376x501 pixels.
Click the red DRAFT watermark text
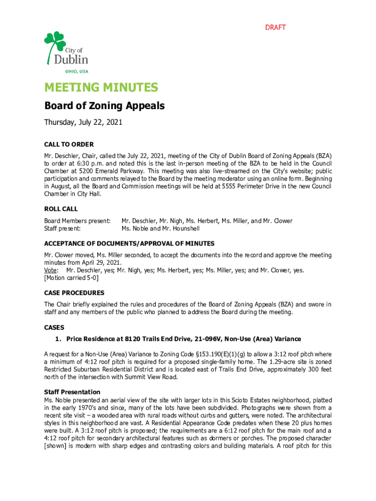[x=275, y=27]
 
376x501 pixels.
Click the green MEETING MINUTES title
[x=101, y=88]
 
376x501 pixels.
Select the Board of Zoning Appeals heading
[x=104, y=106]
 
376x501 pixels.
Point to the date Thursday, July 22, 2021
[x=83, y=122]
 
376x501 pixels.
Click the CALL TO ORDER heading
[x=69, y=144]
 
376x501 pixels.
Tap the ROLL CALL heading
[x=61, y=209]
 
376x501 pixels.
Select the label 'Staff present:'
[x=63, y=228]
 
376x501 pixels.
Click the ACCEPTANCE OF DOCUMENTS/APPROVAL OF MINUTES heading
[x=129, y=243]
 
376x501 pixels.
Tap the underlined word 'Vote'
[x=51, y=271]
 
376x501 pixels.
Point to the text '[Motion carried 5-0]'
[x=71, y=278]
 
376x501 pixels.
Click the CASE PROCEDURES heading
[x=74, y=293]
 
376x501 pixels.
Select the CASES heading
[x=54, y=327]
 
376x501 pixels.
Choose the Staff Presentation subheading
[x=72, y=392]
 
